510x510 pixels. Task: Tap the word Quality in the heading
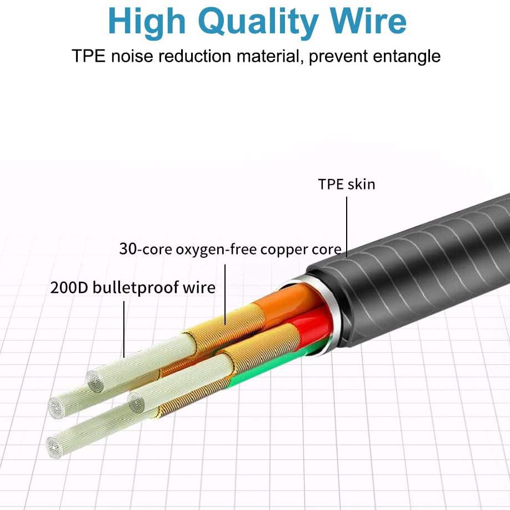tap(258, 22)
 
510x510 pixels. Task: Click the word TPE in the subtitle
tap(88, 56)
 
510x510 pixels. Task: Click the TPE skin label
tap(347, 184)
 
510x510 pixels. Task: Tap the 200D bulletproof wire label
tap(133, 288)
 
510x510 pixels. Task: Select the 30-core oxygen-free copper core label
tap(231, 249)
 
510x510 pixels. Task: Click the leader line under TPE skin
tap(347, 227)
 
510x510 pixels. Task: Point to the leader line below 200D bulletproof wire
tap(124, 329)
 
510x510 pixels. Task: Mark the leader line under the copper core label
tap(225, 294)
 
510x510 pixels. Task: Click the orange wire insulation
tap(286, 301)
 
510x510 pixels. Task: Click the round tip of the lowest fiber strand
tap(54, 448)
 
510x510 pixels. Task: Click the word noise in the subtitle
tap(132, 56)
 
